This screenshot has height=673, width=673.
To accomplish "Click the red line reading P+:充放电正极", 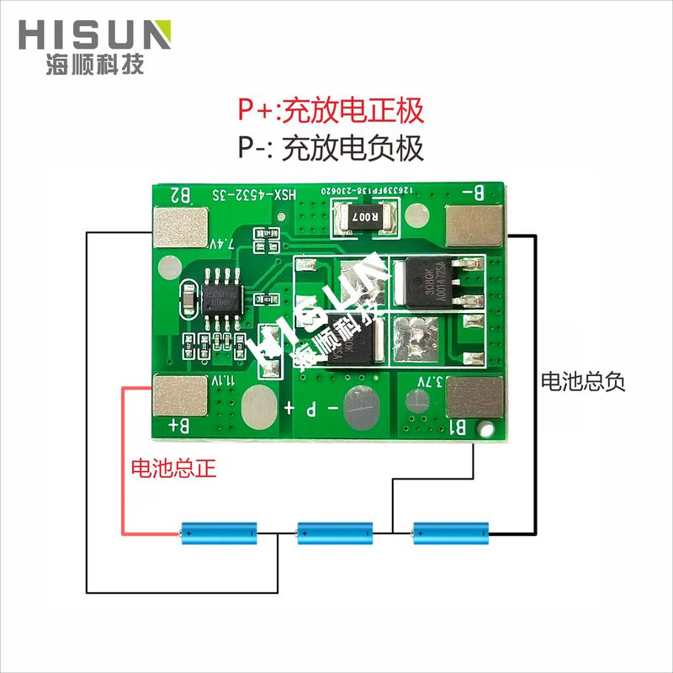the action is click(x=330, y=109).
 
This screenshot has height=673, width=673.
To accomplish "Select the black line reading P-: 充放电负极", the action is click(x=330, y=149).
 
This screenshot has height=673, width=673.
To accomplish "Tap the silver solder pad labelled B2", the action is click(x=179, y=228).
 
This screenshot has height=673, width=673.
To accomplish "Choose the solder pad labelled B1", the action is click(x=475, y=395).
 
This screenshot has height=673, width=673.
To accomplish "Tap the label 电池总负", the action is click(x=583, y=381).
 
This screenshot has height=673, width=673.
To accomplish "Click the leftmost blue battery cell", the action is click(x=220, y=532).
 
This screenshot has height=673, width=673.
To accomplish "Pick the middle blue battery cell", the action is click(x=335, y=532).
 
